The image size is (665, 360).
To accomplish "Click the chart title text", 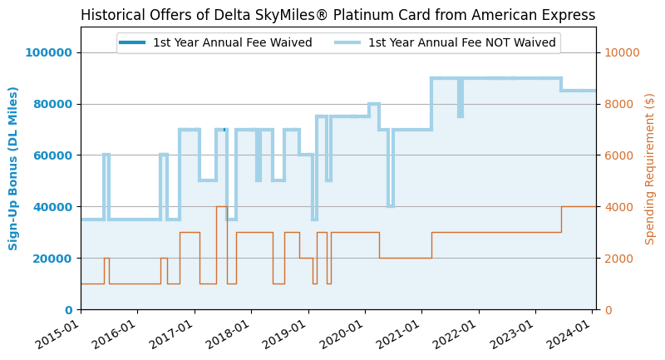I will pyautogui.click(x=337, y=15).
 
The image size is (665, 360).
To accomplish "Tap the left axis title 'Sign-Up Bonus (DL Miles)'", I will pyautogui.click(x=13, y=168).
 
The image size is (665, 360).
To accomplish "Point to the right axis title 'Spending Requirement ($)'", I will pyautogui.click(x=650, y=168).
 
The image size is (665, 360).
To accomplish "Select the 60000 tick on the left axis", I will pyautogui.click(x=52, y=155).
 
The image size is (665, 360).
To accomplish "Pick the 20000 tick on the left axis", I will pyautogui.click(x=52, y=258).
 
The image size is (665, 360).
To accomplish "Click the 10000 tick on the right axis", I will pyautogui.click(x=621, y=52).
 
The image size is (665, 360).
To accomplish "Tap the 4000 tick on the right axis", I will pyautogui.click(x=618, y=207).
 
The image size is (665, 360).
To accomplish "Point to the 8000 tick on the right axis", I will pyautogui.click(x=618, y=104).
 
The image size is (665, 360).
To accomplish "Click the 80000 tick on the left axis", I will pyautogui.click(x=52, y=104).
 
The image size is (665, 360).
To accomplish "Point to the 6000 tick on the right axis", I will pyautogui.click(x=618, y=155).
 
